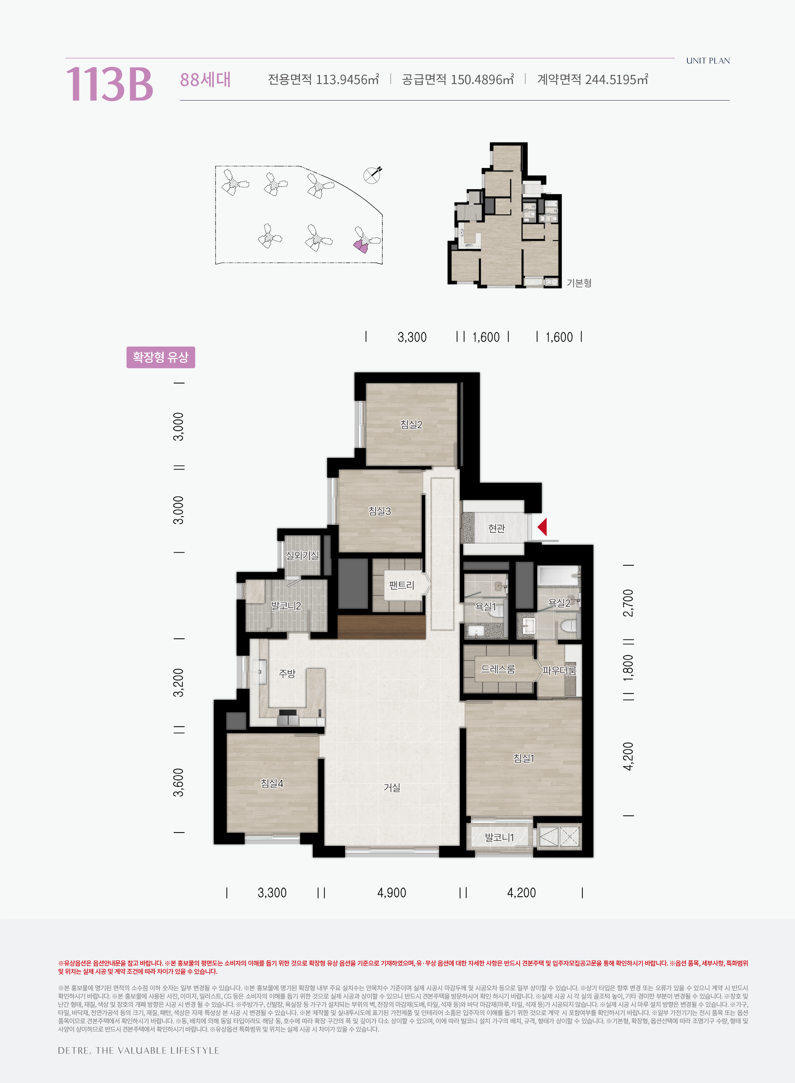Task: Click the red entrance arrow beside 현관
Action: point(542,527)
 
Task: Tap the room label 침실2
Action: point(411,424)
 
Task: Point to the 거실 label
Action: point(392,787)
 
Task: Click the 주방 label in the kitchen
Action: point(287,673)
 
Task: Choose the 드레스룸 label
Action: point(498,669)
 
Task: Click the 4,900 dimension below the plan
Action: point(392,893)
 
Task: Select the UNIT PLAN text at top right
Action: point(708,61)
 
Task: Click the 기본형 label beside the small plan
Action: point(579,283)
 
